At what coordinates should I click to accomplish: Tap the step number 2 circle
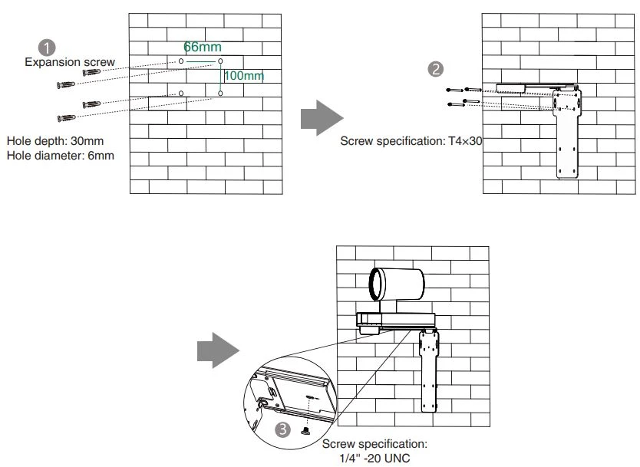coord(435,69)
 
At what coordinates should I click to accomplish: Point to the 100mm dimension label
coord(243,75)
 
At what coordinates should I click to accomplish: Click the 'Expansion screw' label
coord(70,62)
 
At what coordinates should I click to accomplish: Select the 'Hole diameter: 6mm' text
coord(61,156)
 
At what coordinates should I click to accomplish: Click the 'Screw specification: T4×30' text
coord(411,142)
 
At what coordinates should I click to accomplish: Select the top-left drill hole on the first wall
coord(181,60)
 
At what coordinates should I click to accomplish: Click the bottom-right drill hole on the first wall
coord(220,93)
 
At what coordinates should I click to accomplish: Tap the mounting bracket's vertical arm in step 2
coord(568,142)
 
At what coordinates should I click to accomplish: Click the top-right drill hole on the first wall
coord(220,60)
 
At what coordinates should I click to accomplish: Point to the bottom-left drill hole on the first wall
coord(181,93)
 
